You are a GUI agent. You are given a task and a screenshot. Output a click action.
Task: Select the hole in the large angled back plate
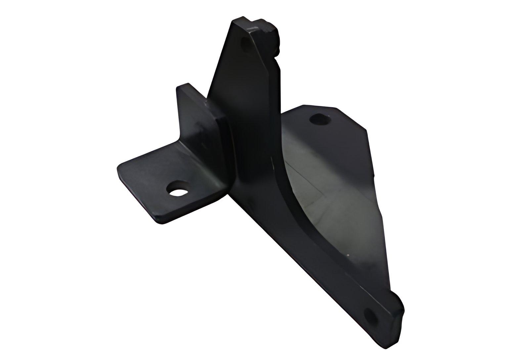tap(320, 119)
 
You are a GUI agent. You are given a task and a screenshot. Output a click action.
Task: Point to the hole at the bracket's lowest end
tap(372, 316)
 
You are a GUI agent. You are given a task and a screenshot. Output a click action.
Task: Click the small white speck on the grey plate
tap(348, 255)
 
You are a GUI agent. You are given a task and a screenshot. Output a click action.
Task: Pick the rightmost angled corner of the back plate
tap(367, 130)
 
